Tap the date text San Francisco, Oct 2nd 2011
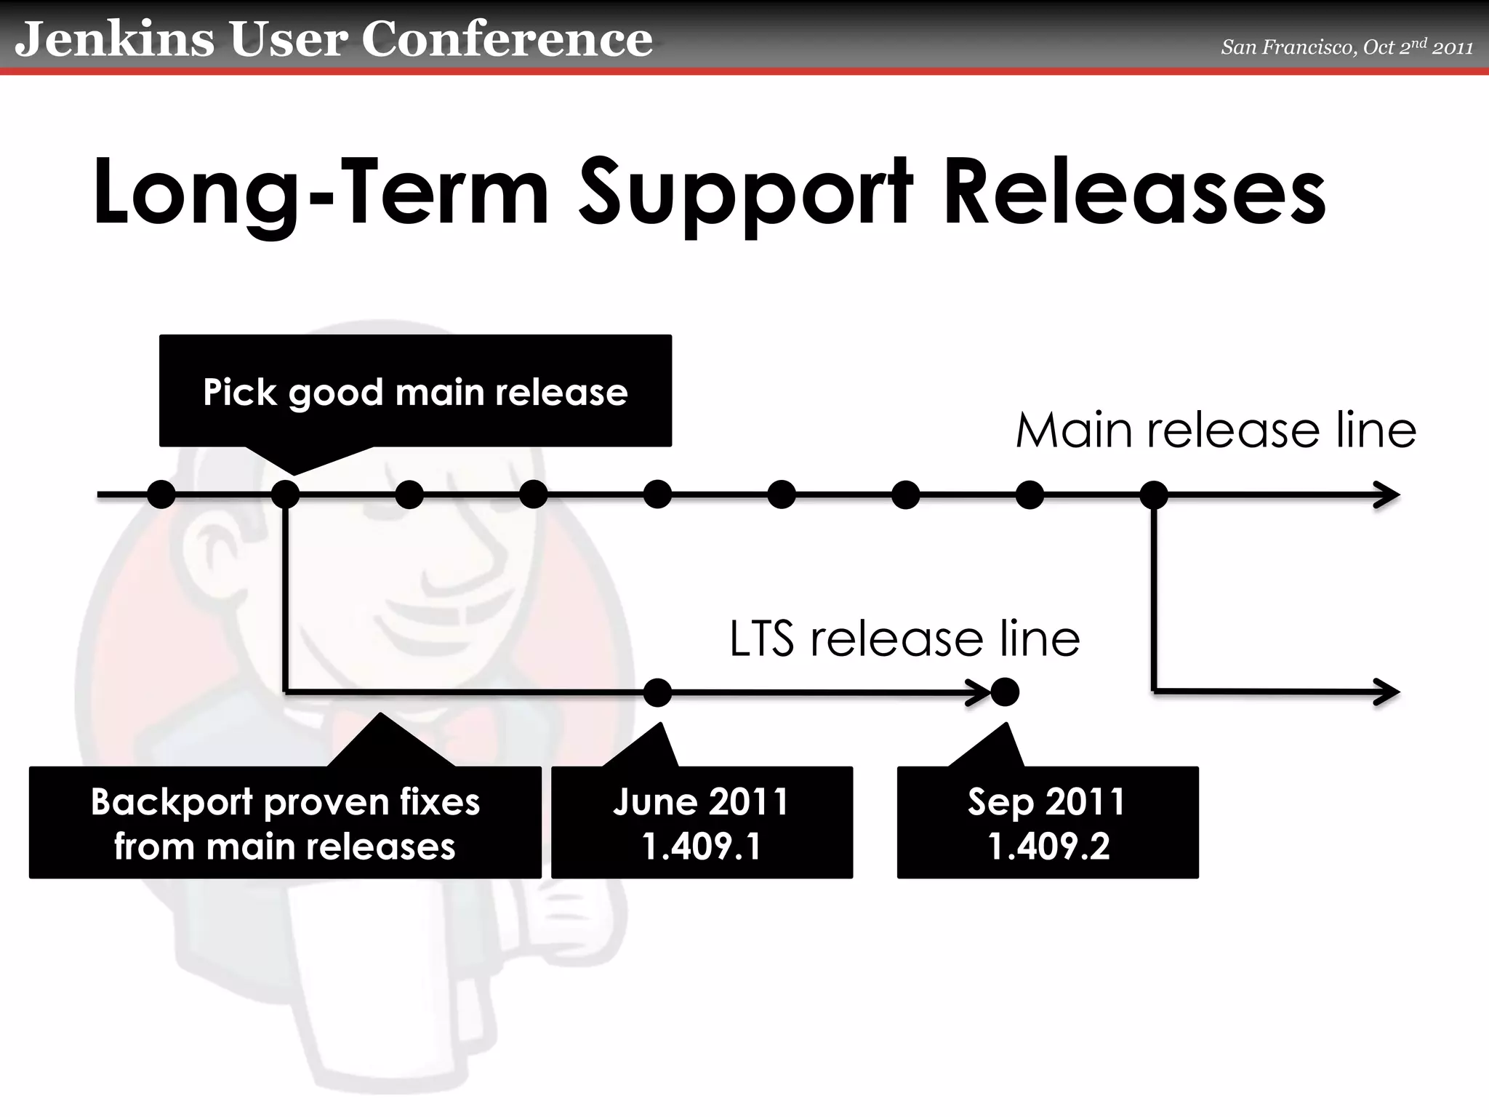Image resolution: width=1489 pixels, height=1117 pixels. pyautogui.click(x=1346, y=47)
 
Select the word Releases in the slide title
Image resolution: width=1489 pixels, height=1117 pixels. pyautogui.click(x=1134, y=193)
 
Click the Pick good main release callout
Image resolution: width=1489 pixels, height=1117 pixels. pyautogui.click(x=415, y=391)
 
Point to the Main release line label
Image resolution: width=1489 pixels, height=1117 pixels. pyautogui.click(x=1216, y=430)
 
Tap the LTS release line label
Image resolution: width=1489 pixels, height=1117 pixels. pyautogui.click(x=904, y=639)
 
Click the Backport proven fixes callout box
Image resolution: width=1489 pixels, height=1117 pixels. pyautogui.click(x=285, y=823)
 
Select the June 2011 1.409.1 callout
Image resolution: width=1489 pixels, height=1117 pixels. pyautogui.click(x=702, y=823)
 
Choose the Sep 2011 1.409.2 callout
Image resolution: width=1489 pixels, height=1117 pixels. pyautogui.click(x=1048, y=823)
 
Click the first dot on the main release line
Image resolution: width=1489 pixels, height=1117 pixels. pyautogui.click(x=161, y=495)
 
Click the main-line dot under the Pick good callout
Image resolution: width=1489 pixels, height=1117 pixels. pyautogui.click(x=286, y=495)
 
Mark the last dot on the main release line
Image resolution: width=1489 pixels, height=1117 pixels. pyautogui.click(x=1154, y=495)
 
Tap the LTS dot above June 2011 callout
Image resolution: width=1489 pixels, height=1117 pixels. pyautogui.click(x=658, y=692)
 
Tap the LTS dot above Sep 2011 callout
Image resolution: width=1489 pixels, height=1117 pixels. pyautogui.click(x=1005, y=692)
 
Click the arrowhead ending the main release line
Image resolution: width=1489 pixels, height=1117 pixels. pyautogui.click(x=1388, y=495)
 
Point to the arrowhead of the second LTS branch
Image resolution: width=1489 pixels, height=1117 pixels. pyautogui.click(x=1388, y=692)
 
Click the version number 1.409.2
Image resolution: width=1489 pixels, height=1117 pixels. pyautogui.click(x=1048, y=846)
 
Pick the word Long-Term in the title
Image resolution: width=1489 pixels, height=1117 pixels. pyautogui.click(x=321, y=193)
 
